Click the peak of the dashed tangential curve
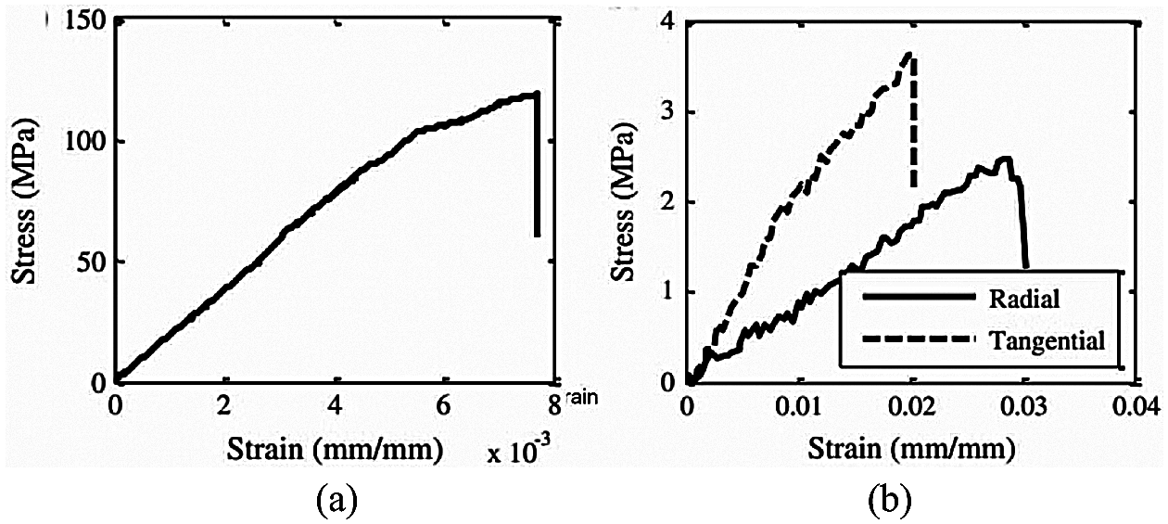pyautogui.click(x=909, y=54)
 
